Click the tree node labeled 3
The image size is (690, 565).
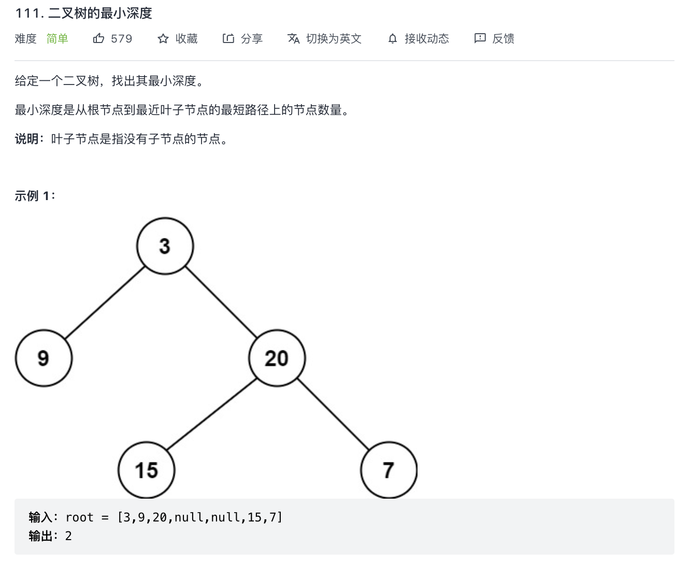pos(165,246)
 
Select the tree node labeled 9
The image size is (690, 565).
pos(44,358)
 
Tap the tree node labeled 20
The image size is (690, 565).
pos(277,358)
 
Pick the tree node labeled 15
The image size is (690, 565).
pos(146,470)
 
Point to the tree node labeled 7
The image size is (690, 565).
pos(389,470)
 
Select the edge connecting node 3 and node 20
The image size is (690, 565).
pos(221,302)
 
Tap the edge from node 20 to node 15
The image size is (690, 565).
pos(212,414)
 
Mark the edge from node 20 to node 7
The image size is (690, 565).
pos(333,414)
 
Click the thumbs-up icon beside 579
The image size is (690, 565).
pos(98,38)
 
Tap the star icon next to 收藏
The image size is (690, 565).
pos(163,38)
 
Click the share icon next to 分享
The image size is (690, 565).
pos(228,38)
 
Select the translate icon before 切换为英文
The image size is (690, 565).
pos(293,38)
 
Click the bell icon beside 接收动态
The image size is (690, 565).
pos(393,38)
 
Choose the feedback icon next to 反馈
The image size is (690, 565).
pos(480,38)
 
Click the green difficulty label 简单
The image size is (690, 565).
pos(57,38)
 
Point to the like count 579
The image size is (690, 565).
pos(122,39)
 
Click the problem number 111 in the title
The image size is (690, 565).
pos(26,13)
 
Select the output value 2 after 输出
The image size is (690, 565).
pos(68,536)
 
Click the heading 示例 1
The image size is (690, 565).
pos(34,196)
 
